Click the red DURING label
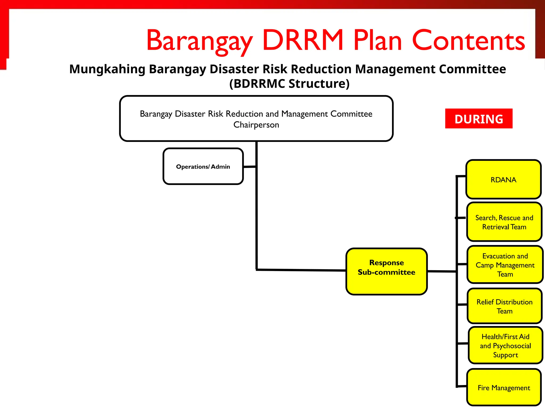478,118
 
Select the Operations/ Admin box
203,166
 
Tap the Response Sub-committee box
386,271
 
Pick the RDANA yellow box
503,180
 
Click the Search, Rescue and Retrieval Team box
504,222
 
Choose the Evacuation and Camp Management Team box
505,265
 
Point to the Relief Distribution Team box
504,306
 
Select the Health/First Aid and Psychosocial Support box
505,345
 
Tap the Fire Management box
504,388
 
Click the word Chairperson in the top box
256,125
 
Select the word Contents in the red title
468,40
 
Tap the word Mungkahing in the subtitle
107,69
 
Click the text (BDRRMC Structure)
289,84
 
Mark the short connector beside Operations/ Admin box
250,167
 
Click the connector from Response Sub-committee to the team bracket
442,271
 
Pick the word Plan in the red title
377,40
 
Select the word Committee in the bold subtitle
472,69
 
